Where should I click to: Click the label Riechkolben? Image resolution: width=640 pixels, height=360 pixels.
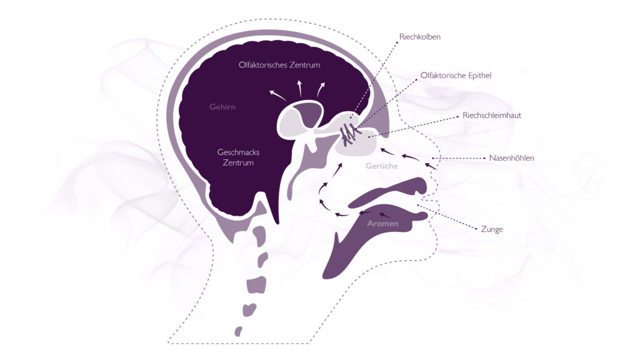[x=419, y=37]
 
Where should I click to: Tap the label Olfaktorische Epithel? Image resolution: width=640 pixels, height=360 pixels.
[x=456, y=76]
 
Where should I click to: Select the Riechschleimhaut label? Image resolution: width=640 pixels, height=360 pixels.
[x=492, y=116]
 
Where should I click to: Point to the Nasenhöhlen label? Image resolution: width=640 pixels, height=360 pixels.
[x=511, y=158]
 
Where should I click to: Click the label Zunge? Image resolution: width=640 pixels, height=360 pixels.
[x=492, y=229]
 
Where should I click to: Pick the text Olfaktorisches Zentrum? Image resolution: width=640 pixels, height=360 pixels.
[x=279, y=65]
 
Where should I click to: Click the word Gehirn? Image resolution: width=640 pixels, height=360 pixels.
[x=222, y=107]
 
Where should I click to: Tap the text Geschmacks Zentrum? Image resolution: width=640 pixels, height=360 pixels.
[x=238, y=157]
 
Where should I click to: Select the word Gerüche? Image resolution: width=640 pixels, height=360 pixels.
[x=382, y=166]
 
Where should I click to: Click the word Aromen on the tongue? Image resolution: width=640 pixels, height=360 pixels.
[x=382, y=224]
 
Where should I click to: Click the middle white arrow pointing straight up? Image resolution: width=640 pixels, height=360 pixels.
[x=299, y=88]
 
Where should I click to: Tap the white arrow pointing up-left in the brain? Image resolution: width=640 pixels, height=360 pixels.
[x=277, y=96]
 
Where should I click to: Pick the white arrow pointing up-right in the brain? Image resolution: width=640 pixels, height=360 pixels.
[x=321, y=90]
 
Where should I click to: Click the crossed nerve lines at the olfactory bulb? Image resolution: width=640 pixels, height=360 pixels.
[x=349, y=134]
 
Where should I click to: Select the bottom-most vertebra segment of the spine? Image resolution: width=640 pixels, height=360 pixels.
[x=238, y=331]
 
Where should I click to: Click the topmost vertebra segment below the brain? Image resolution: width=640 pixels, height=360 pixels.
[x=259, y=236]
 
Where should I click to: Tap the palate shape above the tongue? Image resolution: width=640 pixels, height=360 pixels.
[x=387, y=192]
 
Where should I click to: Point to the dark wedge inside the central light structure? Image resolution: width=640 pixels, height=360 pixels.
[x=307, y=114]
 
